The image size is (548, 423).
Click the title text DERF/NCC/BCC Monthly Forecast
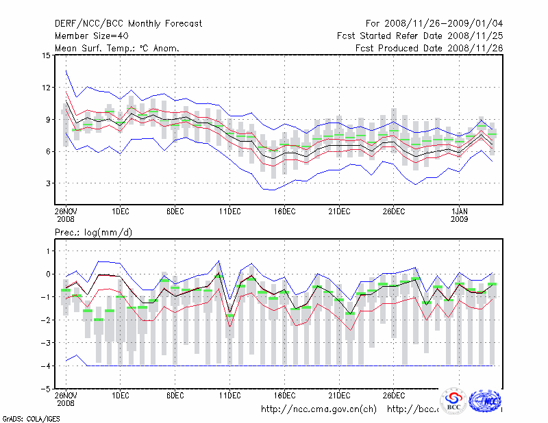[x=128, y=23]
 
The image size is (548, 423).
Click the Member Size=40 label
[x=94, y=36]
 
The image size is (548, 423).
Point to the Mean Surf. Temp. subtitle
[x=117, y=48]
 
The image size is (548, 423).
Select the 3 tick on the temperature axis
[x=47, y=183]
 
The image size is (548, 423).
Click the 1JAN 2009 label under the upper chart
[x=460, y=216]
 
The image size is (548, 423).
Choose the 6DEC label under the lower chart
[x=175, y=395]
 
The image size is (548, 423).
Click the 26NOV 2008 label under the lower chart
[x=66, y=398]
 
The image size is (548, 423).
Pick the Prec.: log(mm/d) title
[x=93, y=233]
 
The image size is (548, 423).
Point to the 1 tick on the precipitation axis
[x=47, y=251]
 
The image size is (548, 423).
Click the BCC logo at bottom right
[x=454, y=401]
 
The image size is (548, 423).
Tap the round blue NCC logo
[x=487, y=400]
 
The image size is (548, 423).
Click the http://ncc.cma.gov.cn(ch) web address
[x=319, y=409]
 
